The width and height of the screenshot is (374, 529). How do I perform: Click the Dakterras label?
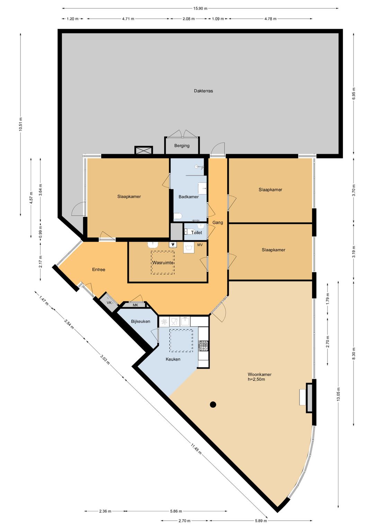tap(203, 91)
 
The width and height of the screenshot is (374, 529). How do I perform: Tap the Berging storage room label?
tap(182, 146)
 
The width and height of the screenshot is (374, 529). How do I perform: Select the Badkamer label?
tap(188, 197)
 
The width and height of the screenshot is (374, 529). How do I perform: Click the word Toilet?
tap(197, 233)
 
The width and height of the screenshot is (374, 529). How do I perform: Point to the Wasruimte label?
tap(163, 263)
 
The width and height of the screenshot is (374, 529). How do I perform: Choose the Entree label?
tap(99, 269)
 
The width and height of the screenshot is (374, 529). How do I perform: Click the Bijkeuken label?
tap(141, 321)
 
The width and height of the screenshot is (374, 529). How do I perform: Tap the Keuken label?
tap(173, 359)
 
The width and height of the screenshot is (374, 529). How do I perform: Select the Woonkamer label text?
tap(259, 374)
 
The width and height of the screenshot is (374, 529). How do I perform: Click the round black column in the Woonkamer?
tap(213, 404)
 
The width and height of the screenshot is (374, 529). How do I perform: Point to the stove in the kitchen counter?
tap(204, 346)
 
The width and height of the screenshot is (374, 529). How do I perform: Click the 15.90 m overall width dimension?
tap(200, 8)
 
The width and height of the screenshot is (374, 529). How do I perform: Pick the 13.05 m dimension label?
tap(338, 394)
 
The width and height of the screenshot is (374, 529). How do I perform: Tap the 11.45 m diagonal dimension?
tap(196, 448)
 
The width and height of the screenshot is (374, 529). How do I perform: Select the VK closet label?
tap(109, 303)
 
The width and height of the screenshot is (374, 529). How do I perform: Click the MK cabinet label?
tap(135, 305)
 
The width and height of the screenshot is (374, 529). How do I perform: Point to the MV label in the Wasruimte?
tap(200, 245)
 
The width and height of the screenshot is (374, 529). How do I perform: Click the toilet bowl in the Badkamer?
tap(178, 216)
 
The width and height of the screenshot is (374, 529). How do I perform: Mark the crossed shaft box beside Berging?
tap(144, 150)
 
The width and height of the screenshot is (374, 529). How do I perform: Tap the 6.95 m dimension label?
tap(354, 94)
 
